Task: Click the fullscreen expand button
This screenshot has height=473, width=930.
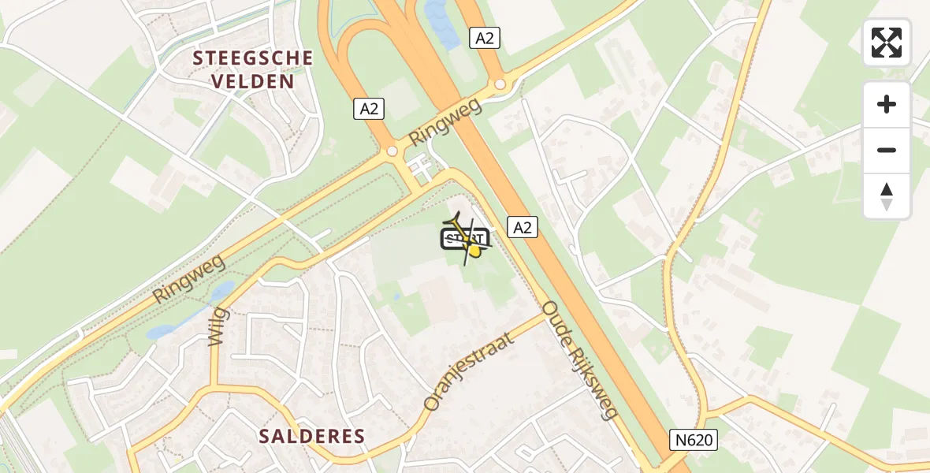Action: [x=887, y=43]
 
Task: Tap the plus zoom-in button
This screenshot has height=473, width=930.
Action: [x=887, y=104]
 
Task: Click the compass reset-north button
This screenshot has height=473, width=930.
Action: [x=887, y=196]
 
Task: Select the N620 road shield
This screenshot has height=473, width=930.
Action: [x=695, y=440]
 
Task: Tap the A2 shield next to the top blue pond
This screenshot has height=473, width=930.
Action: [x=485, y=37]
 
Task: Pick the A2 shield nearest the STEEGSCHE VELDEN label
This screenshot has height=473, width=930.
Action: [x=368, y=109]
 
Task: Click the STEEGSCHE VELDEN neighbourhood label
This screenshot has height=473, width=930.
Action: [x=253, y=69]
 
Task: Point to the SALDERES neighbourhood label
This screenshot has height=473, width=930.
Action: [x=313, y=436]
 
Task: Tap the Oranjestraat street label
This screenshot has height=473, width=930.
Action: [x=468, y=371]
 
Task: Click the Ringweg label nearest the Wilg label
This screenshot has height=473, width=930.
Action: [x=188, y=279]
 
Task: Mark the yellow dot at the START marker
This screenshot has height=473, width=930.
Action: [x=474, y=251]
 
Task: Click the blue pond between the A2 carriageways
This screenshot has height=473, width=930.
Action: [x=437, y=24]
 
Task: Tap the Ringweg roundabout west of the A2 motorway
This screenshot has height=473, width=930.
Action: [x=392, y=151]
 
